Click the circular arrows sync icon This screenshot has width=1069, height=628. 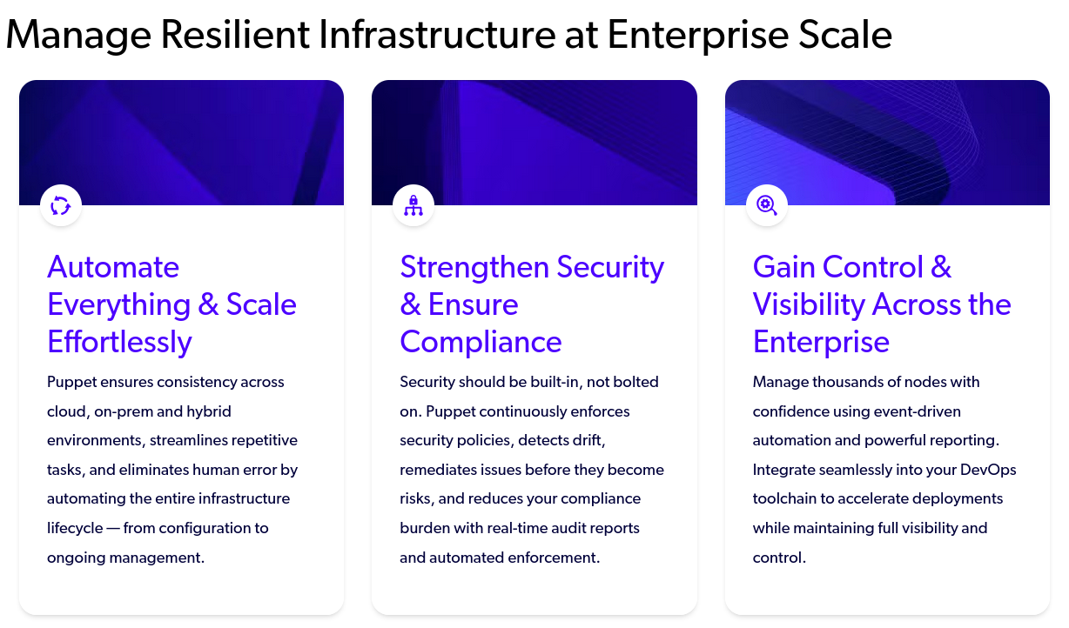[61, 205]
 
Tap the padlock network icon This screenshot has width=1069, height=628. [413, 205]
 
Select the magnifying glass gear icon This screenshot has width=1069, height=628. [766, 205]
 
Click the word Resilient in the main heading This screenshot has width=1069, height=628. [235, 34]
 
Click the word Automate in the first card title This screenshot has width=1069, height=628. [113, 266]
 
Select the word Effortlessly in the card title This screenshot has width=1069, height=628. [119, 342]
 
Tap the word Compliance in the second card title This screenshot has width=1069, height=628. [481, 342]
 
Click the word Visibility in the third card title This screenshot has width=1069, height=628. [809, 304]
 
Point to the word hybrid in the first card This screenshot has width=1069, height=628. [209, 411]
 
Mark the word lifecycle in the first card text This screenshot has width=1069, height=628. [75, 528]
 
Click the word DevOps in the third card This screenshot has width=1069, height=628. [988, 471]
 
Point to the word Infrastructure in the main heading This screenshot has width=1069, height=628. [437, 34]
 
